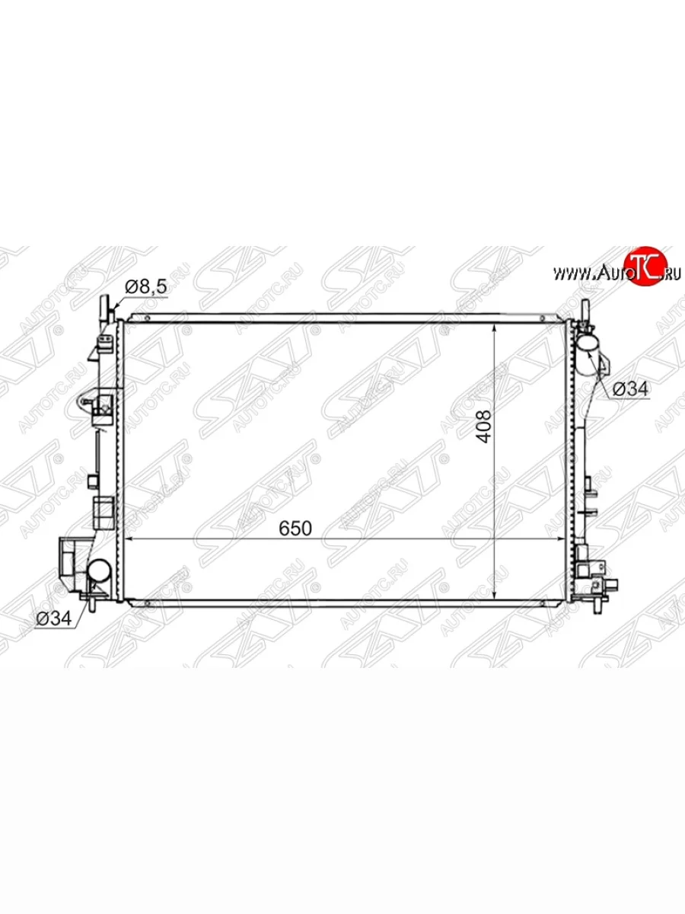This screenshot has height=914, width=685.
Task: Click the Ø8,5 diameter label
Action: [145, 286]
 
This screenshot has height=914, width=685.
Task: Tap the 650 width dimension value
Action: [295, 529]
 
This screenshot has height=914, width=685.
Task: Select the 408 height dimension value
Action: [484, 427]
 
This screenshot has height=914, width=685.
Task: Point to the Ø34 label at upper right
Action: [630, 389]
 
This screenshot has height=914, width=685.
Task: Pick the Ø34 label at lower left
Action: [54, 618]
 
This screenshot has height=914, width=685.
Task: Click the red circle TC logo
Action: [647, 266]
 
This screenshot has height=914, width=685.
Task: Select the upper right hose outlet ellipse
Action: [589, 344]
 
